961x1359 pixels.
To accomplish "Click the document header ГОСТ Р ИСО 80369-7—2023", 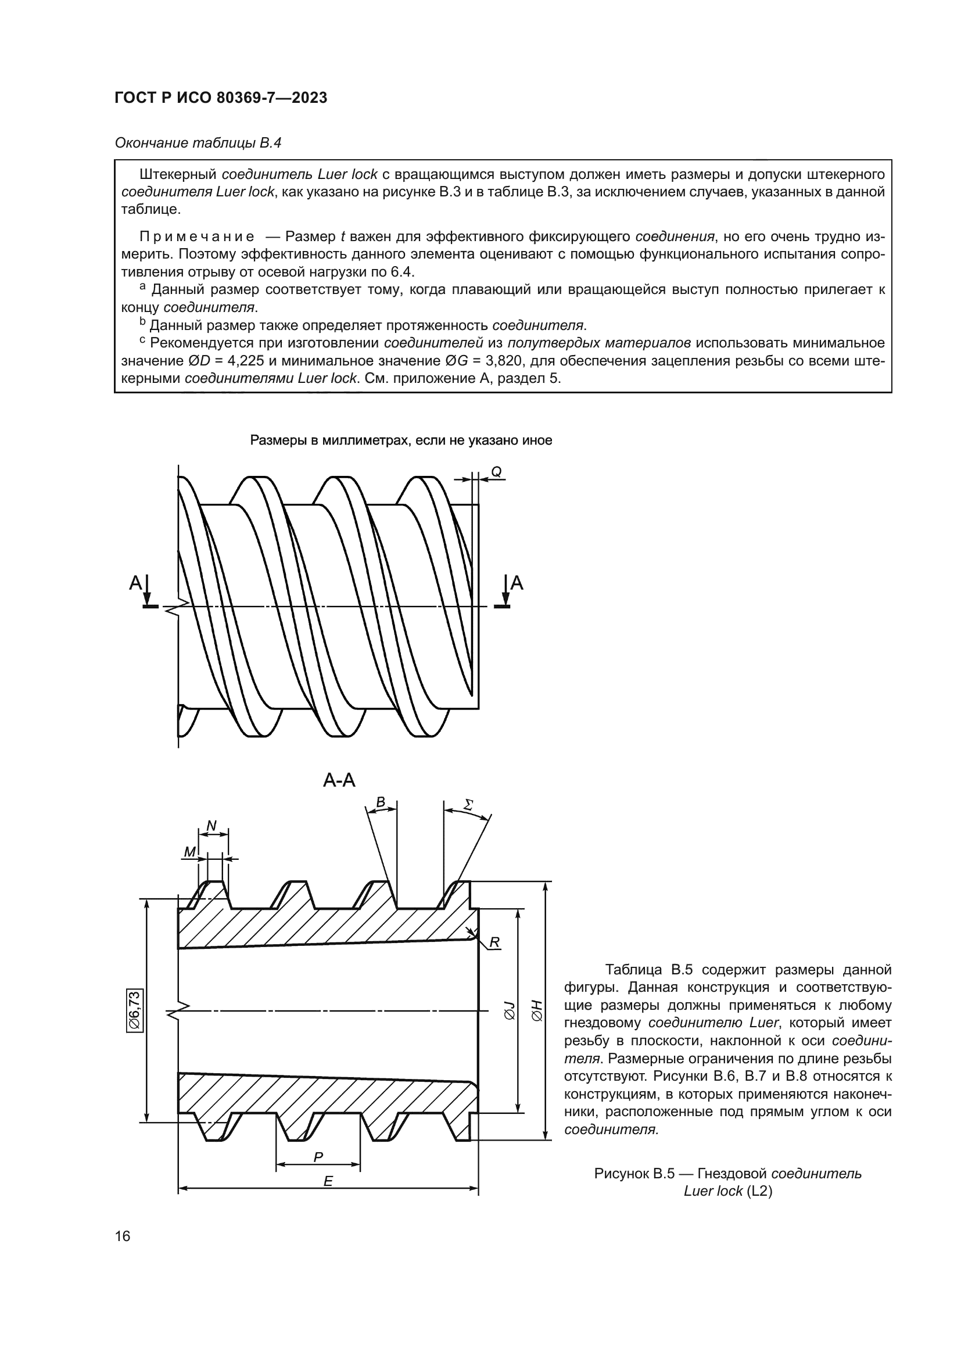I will coord(221,98).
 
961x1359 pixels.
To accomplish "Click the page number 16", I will coord(123,1236).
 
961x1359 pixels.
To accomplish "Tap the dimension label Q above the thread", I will coord(496,472).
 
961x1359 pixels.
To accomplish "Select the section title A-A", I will coord(339,780).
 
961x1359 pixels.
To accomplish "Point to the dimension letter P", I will coord(318,1157).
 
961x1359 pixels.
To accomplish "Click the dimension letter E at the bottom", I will coord(328,1181).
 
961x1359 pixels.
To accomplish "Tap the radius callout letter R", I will coord(494,942).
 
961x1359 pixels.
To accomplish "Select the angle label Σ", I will coord(468,805).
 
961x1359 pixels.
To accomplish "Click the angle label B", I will coord(381,802).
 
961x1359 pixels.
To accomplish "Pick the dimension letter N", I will coord(211,826).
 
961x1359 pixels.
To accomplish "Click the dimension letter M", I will coord(189,852).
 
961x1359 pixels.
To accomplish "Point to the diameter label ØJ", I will coord(509,1010).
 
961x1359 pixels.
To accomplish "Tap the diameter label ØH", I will coord(536,1010).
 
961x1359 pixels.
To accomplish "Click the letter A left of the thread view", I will coord(135,583).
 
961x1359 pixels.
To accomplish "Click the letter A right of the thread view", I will coord(517,583).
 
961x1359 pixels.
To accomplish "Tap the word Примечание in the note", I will coord(197,236).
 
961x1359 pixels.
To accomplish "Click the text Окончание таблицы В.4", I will coord(198,143).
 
